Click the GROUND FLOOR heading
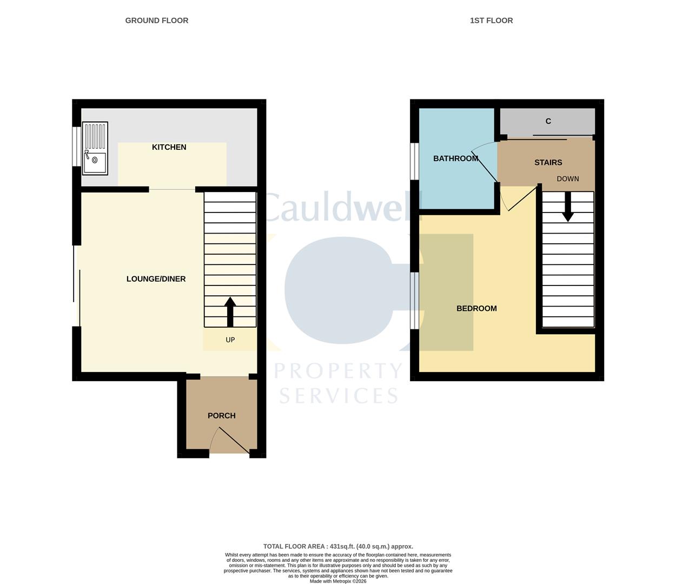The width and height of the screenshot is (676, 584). click(x=157, y=21)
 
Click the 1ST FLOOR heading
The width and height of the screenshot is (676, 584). click(x=491, y=21)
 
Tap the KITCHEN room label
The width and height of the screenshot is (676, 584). click(x=169, y=147)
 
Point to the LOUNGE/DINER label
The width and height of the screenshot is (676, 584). click(x=156, y=279)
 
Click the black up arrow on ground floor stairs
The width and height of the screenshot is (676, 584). click(x=230, y=311)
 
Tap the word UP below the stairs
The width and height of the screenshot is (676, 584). click(x=230, y=340)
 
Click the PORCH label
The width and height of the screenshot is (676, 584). click(x=222, y=416)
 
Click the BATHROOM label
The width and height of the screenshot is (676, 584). click(x=455, y=158)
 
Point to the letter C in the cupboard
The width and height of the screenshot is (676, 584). click(x=548, y=121)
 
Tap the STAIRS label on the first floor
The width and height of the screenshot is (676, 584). click(x=548, y=162)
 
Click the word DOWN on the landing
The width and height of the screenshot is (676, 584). click(x=568, y=179)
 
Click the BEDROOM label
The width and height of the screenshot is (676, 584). click(x=476, y=309)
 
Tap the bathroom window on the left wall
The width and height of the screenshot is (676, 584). click(x=414, y=161)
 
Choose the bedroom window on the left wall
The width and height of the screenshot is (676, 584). click(x=414, y=301)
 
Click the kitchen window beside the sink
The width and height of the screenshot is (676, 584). click(x=77, y=147)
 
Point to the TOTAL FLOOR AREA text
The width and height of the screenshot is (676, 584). click(x=338, y=547)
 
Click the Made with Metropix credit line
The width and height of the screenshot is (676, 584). click(x=338, y=581)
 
